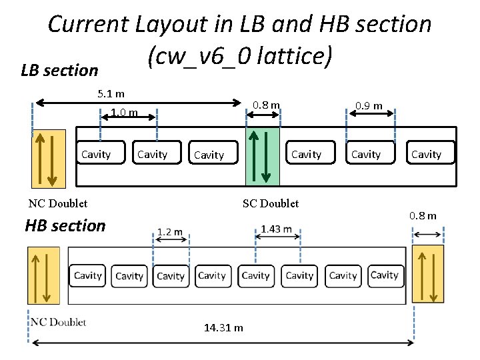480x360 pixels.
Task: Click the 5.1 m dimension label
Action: coord(111,94)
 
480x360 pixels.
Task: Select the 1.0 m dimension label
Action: coord(125,113)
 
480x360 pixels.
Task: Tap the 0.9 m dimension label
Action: coord(369,105)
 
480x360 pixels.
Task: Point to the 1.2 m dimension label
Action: coord(170,231)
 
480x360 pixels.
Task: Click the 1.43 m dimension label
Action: coord(276,229)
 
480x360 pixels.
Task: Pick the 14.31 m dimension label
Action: coord(223,327)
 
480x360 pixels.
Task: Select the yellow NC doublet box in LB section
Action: coord(49,159)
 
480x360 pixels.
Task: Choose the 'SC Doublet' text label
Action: coord(271,203)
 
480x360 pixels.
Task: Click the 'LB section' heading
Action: coord(59,70)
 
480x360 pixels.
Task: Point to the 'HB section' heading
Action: coord(65,225)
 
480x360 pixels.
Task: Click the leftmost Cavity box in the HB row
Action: coord(87,275)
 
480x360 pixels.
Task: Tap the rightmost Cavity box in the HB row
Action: coord(385,275)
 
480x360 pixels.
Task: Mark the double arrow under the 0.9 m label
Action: coord(371,115)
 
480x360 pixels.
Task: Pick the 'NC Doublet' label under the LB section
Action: coord(58,203)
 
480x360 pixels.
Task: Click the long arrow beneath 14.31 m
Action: coord(223,343)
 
